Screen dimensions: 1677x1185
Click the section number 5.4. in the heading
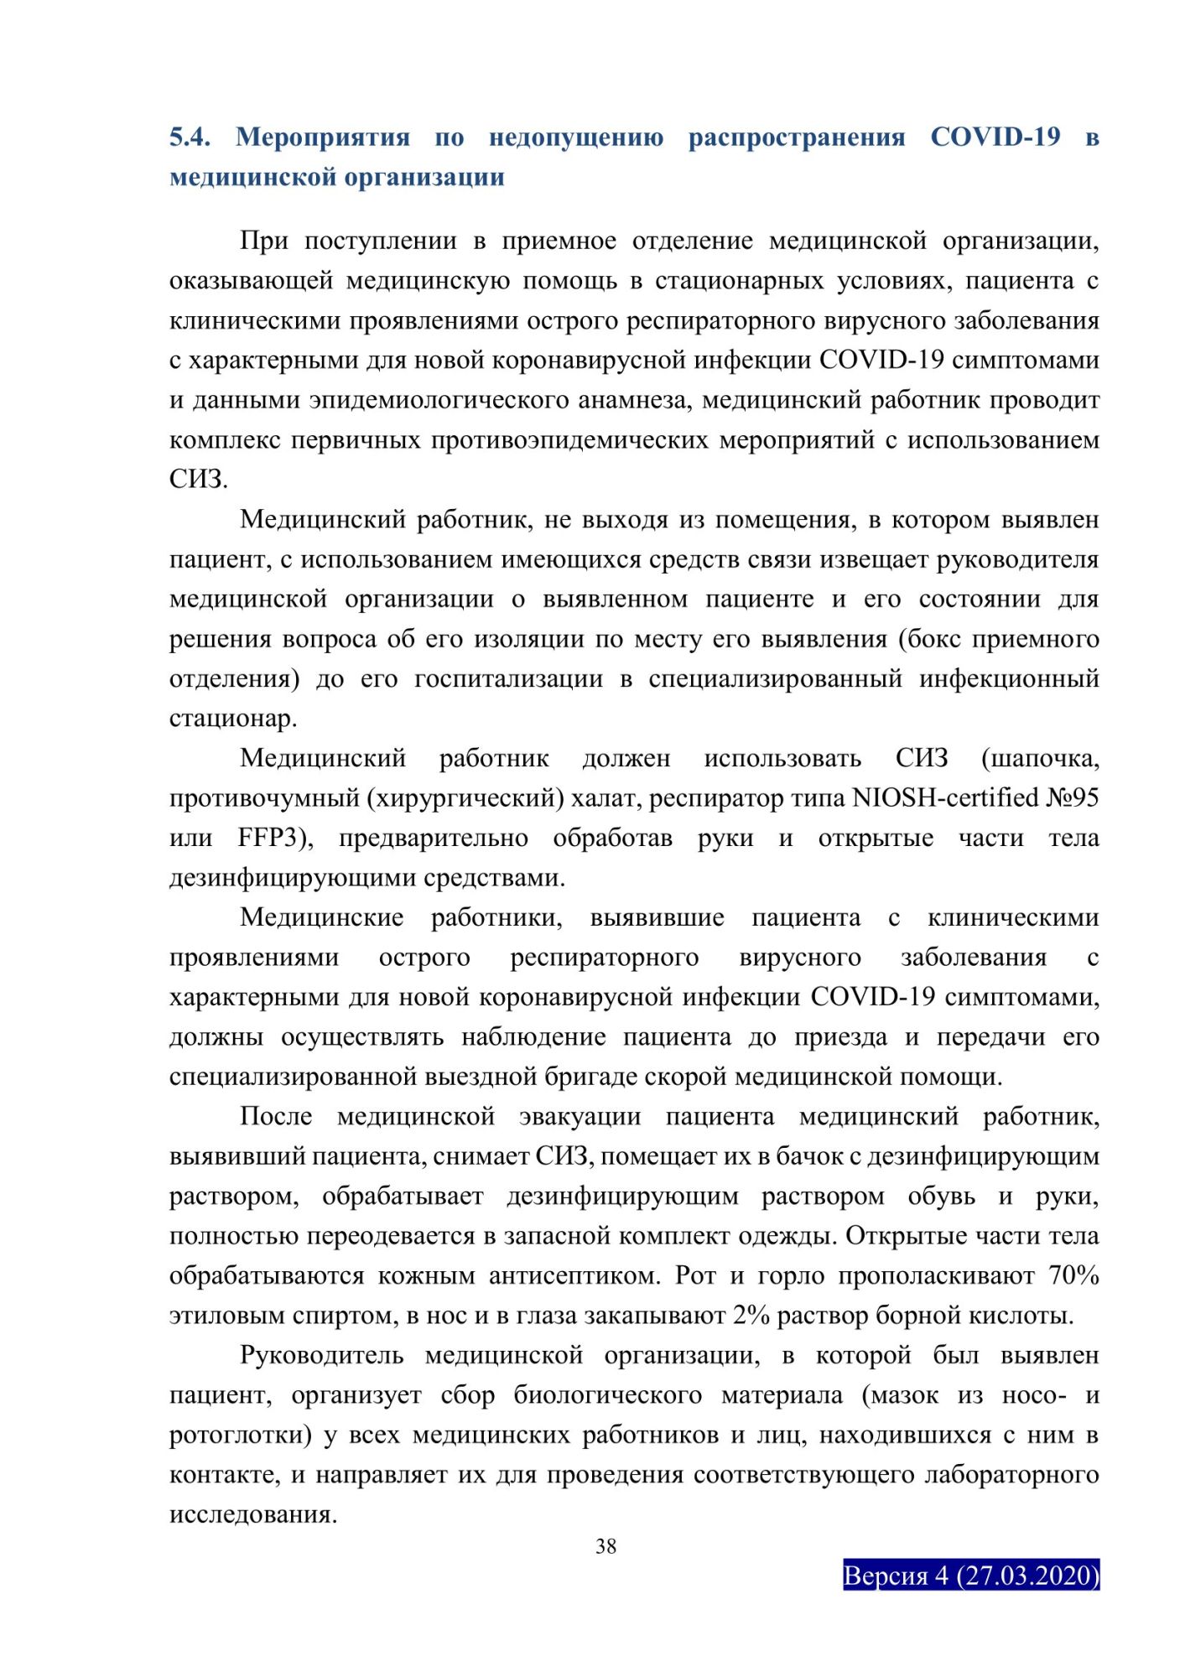coord(190,137)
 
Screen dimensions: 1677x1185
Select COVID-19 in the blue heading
coord(995,137)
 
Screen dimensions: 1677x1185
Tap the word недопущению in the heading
coord(576,137)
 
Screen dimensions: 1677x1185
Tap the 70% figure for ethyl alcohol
coord(1073,1275)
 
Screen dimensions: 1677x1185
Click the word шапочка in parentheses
coord(1040,758)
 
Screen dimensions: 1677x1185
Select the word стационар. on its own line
coord(233,719)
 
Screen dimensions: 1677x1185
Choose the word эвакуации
coord(580,1117)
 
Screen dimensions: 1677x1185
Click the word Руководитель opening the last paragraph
coord(321,1356)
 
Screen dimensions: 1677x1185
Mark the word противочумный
coord(264,797)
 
